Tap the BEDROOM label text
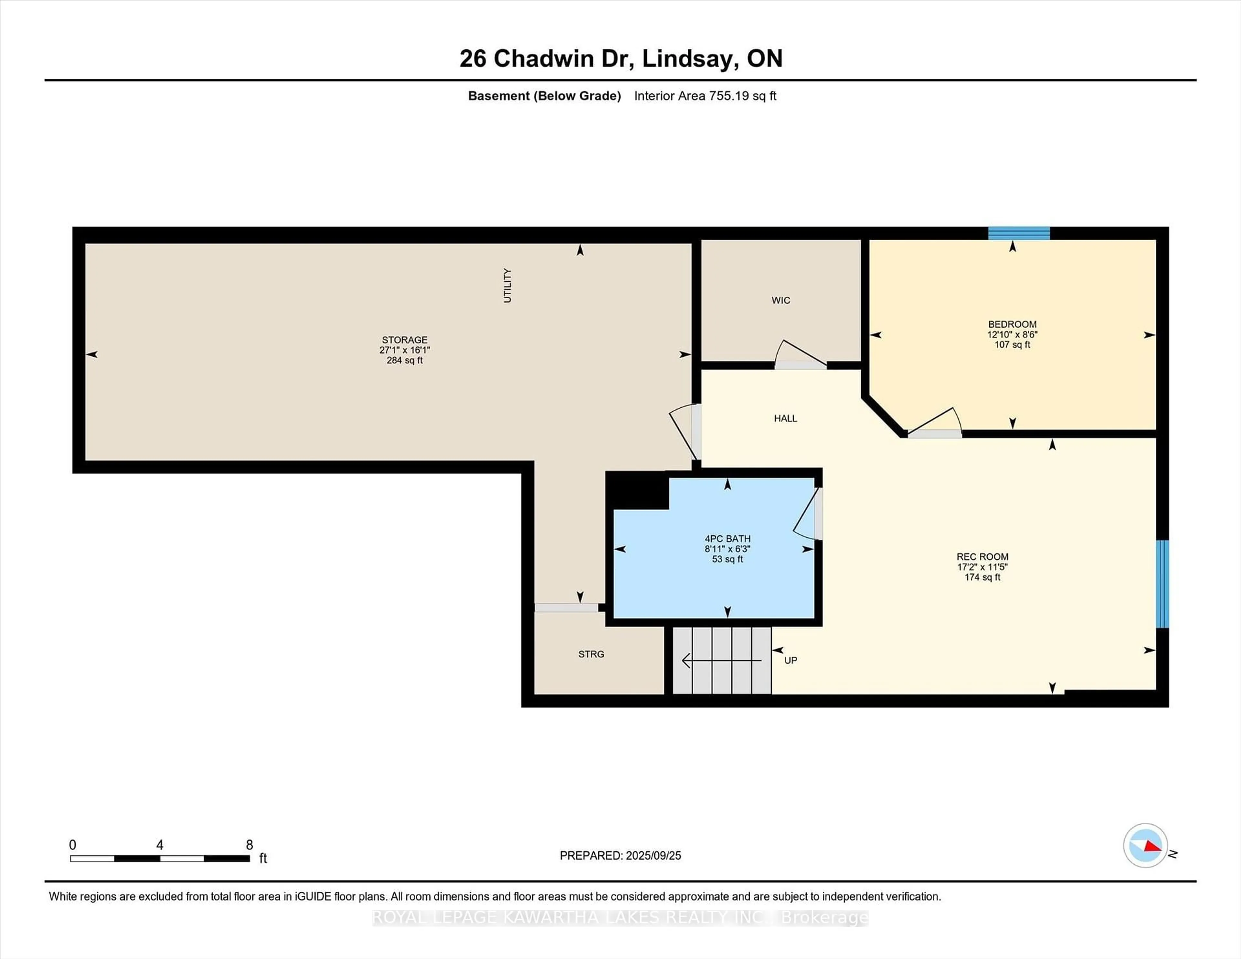1012,324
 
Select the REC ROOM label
982,557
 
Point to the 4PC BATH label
727,539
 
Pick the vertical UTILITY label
507,285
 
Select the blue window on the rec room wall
1162,584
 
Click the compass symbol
1146,845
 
